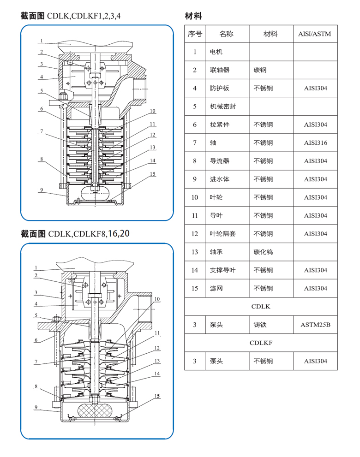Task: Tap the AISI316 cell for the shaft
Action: coord(315,143)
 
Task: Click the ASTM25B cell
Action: coord(315,325)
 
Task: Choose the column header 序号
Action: coord(195,34)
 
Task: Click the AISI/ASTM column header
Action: coord(315,34)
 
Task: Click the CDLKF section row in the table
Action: coord(261,343)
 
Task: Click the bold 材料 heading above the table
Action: coord(193,16)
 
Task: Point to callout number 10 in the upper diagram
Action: coord(152,111)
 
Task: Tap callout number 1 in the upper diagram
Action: coord(41,41)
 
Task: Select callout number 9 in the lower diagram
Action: coord(36,407)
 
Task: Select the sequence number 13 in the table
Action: coord(195,252)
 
